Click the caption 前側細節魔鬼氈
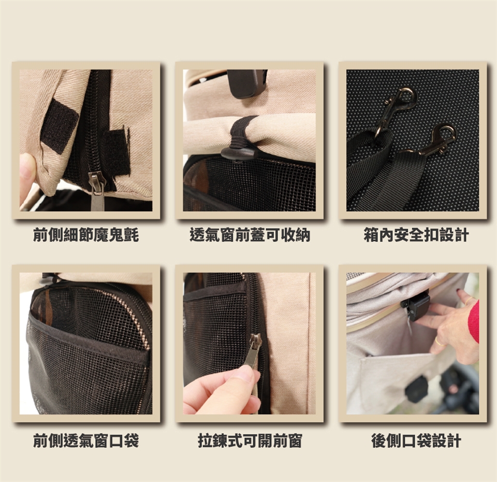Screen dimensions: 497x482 [x=86, y=236]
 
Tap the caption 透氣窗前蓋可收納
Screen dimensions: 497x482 [x=250, y=236]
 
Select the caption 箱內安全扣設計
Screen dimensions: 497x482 [x=416, y=236]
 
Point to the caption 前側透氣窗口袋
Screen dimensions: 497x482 [x=86, y=441]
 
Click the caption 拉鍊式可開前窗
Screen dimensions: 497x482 [x=250, y=441]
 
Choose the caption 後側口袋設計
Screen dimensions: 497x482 [x=416, y=441]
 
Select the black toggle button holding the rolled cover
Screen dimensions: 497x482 [x=238, y=153]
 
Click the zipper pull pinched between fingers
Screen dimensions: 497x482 [x=253, y=352]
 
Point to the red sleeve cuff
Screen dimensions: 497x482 [x=474, y=320]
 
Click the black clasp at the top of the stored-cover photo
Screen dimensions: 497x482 [x=247, y=83]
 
